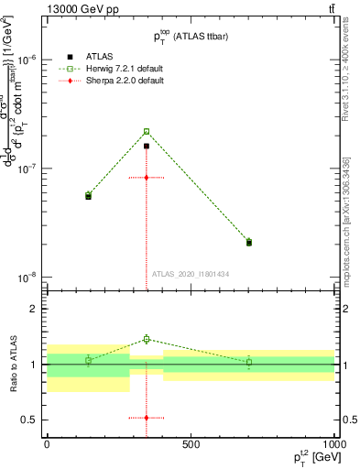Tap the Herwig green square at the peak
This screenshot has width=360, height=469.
pos(146,131)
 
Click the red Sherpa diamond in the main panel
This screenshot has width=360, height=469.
pos(146,177)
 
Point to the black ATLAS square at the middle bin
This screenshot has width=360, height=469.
pos(146,146)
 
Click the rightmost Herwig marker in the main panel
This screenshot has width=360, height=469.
pos(249,241)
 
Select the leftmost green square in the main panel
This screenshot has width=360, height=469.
pos(88,194)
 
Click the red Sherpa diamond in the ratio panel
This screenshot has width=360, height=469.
pos(146,418)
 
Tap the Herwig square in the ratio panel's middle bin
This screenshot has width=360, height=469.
pos(146,340)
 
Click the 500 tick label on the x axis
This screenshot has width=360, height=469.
pos(191,444)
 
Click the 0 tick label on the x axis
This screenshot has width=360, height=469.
pos(47,444)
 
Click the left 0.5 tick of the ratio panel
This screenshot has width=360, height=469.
pos(31,420)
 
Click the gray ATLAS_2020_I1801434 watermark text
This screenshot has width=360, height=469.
pos(191,274)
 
